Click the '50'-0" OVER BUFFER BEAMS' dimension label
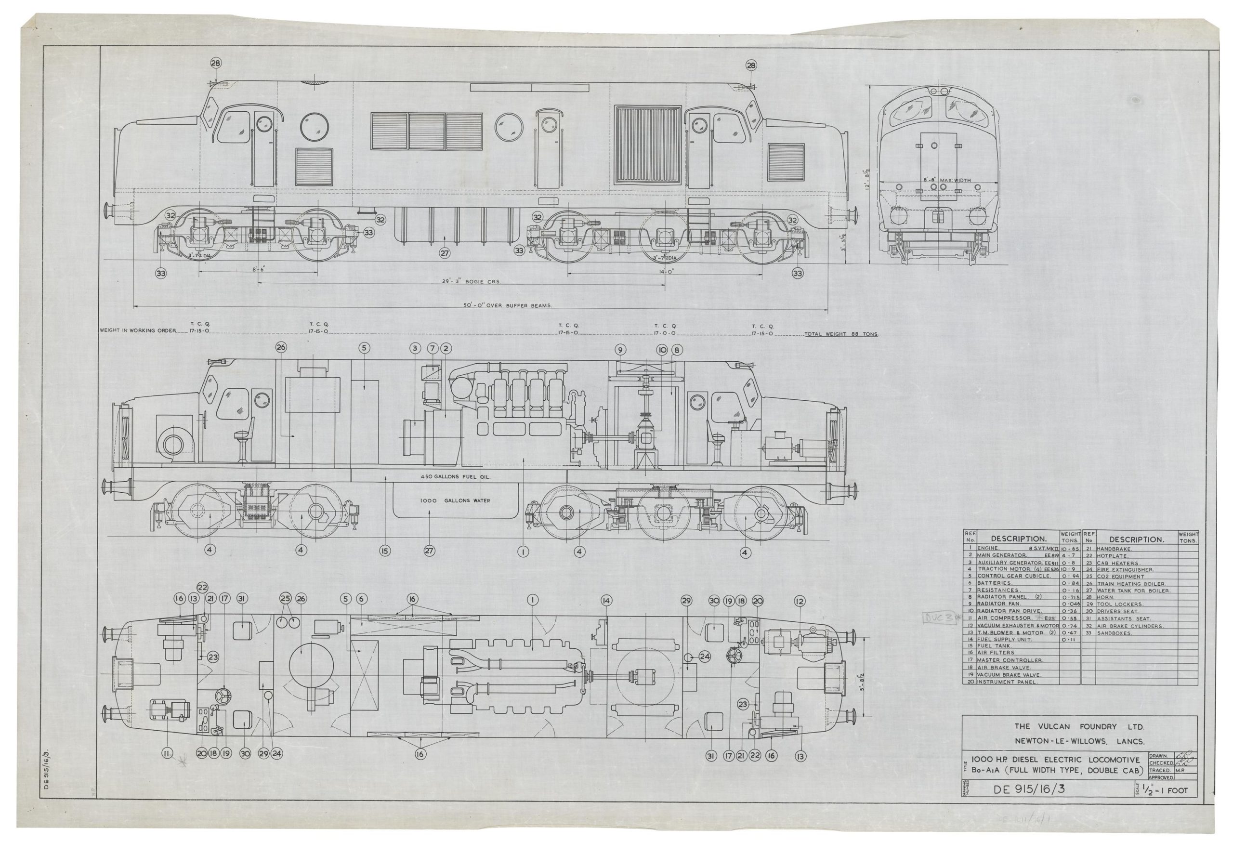click(508, 305)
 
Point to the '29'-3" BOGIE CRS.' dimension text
click(471, 281)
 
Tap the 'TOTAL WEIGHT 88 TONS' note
click(841, 334)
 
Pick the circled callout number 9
click(620, 350)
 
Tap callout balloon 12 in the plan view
click(800, 602)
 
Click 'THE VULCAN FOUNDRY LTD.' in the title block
click(1079, 727)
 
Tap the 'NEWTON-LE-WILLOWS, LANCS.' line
click(1079, 742)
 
